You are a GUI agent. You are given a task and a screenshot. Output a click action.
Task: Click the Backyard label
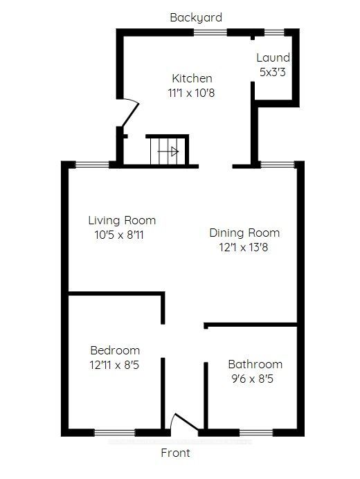tap(196, 18)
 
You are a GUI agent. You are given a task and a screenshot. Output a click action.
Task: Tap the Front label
tap(175, 453)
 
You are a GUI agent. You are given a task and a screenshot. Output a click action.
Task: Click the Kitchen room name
tap(192, 78)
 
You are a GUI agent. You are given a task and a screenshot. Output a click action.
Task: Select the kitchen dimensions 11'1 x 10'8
tap(191, 93)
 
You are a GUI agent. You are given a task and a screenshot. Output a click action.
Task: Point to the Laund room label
tap(273, 57)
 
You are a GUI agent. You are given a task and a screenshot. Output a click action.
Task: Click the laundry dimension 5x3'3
tap(273, 73)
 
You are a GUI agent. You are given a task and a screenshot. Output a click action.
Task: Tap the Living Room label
tap(122, 220)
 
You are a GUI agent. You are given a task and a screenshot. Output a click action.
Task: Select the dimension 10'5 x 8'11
tap(119, 235)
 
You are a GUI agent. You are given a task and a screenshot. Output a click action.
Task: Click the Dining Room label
tap(244, 233)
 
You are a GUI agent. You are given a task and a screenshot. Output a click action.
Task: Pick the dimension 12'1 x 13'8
tap(243, 247)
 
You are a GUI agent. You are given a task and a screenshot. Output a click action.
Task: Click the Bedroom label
tap(115, 350)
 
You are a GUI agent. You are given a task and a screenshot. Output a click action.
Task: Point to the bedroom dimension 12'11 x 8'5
tap(114, 365)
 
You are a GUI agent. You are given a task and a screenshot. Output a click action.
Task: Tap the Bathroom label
tap(255, 364)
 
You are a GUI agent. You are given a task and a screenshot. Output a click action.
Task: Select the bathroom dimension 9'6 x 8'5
tap(253, 379)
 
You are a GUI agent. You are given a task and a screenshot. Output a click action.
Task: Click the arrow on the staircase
tap(168, 151)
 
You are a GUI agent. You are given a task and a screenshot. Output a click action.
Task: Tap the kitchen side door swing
tap(131, 113)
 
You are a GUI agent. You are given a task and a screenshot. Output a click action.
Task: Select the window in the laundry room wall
tap(274, 32)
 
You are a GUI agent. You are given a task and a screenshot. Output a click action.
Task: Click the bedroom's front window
tap(115, 432)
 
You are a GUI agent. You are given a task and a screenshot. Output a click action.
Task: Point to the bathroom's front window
tap(256, 432)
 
